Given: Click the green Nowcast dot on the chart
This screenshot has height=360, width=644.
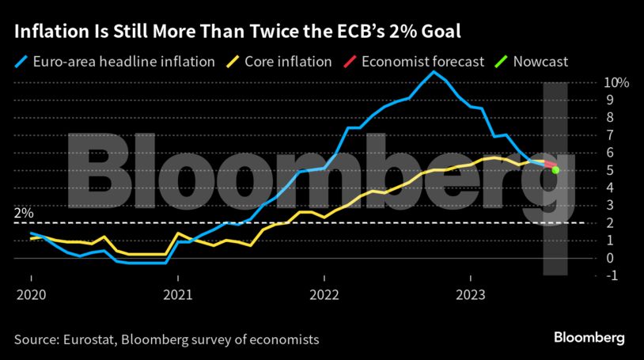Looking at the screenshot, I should click(x=556, y=170).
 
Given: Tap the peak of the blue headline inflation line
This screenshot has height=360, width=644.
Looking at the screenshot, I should click(x=432, y=72).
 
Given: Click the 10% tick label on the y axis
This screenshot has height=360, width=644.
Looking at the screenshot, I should click(x=616, y=82).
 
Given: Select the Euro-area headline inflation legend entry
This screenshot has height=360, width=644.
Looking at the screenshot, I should click(x=115, y=61).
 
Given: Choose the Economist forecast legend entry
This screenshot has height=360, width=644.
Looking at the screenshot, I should click(x=420, y=61).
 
